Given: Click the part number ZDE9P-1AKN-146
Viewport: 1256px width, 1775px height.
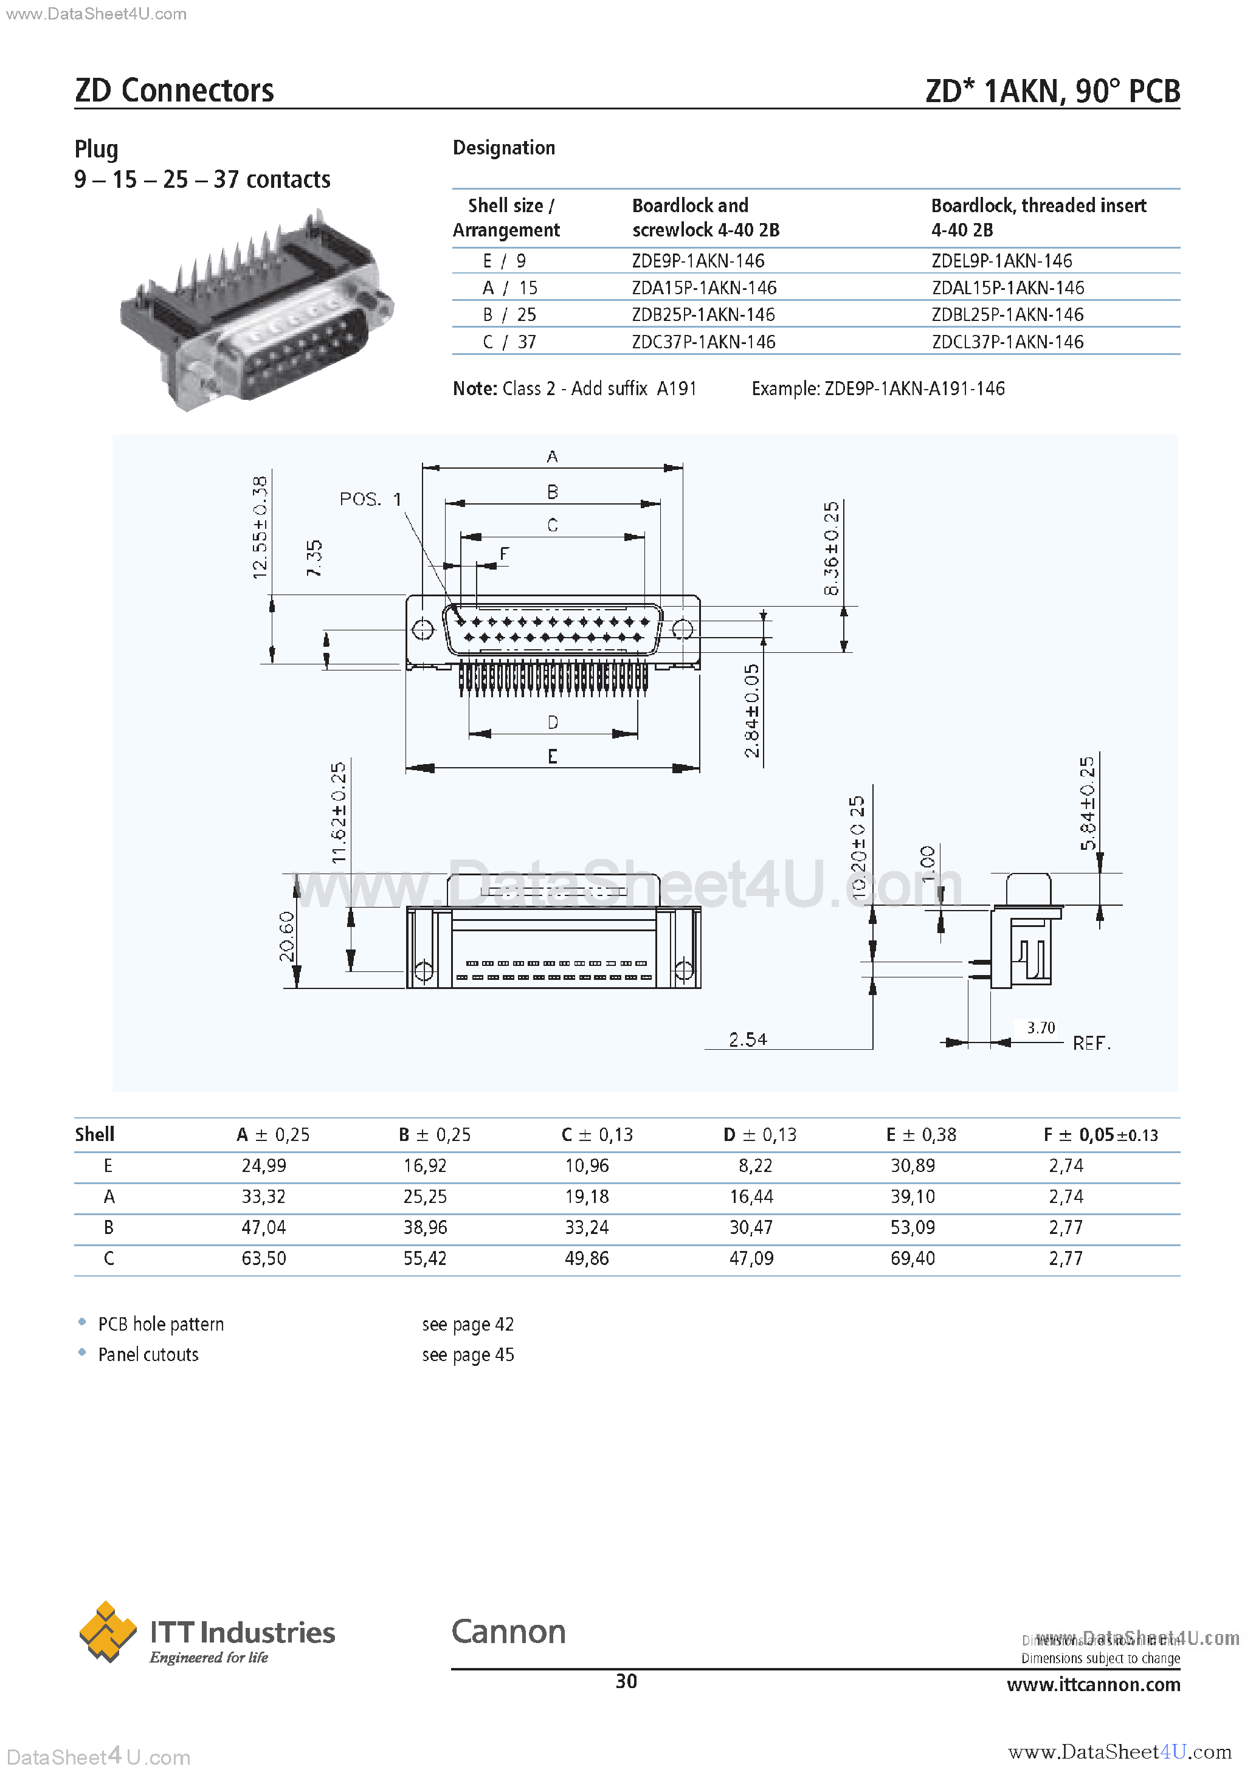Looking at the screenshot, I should click(x=697, y=261).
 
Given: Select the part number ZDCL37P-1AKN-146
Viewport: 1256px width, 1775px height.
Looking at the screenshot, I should click(x=1007, y=342).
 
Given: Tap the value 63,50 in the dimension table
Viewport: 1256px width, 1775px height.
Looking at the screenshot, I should click(x=264, y=1258).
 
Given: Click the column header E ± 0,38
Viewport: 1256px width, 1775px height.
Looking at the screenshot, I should click(x=920, y=1135).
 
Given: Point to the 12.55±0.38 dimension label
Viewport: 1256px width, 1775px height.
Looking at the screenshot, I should click(x=260, y=527).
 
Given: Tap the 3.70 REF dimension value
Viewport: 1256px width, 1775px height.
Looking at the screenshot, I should click(x=1040, y=1027).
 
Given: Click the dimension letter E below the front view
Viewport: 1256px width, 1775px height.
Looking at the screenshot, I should click(x=552, y=756).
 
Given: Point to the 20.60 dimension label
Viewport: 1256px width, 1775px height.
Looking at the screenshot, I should click(x=287, y=936).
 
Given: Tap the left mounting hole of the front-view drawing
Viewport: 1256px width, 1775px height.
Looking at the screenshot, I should click(x=423, y=629).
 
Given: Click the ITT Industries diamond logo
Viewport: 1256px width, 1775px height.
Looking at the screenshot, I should click(x=108, y=1632).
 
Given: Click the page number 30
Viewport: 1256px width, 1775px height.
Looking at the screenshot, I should click(x=626, y=1681).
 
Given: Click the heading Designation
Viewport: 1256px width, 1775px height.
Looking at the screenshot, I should click(x=503, y=148).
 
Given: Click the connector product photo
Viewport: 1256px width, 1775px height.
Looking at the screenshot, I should click(x=255, y=309).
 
